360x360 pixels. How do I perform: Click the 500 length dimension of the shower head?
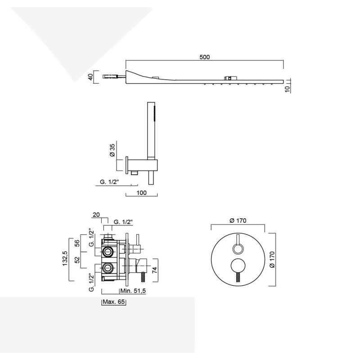[x=204, y=57]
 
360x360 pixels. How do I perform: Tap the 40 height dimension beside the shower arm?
[x=91, y=77]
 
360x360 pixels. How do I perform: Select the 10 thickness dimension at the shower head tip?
[x=287, y=88]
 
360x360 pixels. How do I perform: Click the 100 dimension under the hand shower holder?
[x=141, y=193]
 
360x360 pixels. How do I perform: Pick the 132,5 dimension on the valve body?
[x=65, y=258]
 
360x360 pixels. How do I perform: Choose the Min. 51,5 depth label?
[x=133, y=291]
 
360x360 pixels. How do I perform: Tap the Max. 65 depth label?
[x=114, y=301]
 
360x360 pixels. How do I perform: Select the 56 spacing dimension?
[x=77, y=243]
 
